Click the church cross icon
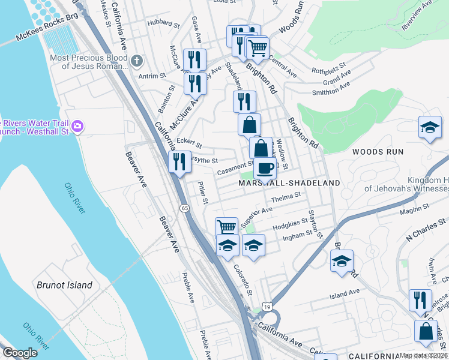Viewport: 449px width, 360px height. pyautogui.click(x=137, y=60)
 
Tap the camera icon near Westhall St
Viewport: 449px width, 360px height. pyautogui.click(x=77, y=127)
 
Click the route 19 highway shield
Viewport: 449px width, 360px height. pyautogui.click(x=265, y=307)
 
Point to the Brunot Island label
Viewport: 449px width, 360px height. pyautogui.click(x=65, y=285)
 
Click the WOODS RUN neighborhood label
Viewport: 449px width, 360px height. pyautogui.click(x=376, y=152)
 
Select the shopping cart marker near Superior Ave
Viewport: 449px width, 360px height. pyautogui.click(x=226, y=227)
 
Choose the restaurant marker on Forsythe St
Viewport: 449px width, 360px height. pyautogui.click(x=179, y=161)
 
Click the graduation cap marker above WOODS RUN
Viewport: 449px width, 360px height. pyautogui.click(x=430, y=127)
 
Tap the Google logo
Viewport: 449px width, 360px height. pyautogui.click(x=20, y=353)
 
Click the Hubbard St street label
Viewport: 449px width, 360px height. pyautogui.click(x=164, y=25)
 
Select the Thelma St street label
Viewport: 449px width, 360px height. pyautogui.click(x=285, y=197)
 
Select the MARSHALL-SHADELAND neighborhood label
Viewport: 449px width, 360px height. pyautogui.click(x=289, y=182)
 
